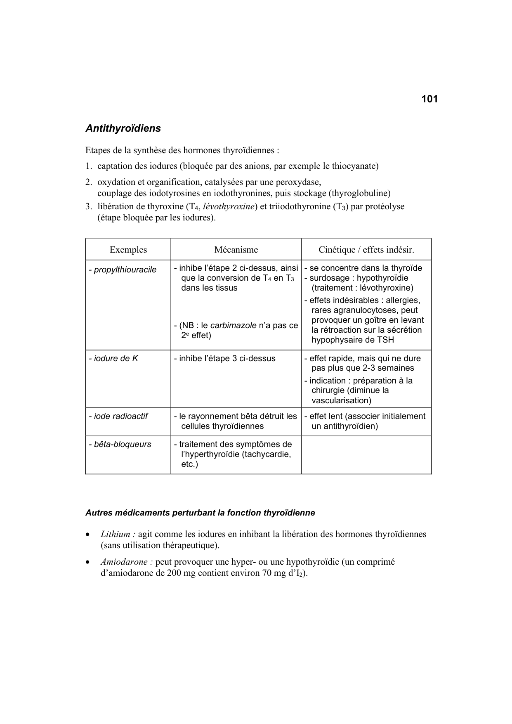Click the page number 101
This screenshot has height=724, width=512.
(x=429, y=99)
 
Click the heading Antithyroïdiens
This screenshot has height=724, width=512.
(x=123, y=128)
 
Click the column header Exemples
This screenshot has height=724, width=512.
(x=128, y=250)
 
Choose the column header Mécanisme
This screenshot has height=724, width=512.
(x=236, y=250)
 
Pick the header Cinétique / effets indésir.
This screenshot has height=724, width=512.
(x=366, y=250)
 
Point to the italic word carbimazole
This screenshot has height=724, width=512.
(x=233, y=325)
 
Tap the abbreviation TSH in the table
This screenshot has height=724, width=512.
(x=385, y=340)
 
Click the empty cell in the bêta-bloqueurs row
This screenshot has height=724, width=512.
(x=366, y=454)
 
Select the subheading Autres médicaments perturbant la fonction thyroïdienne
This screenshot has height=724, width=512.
(x=200, y=513)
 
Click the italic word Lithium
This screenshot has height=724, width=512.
(x=115, y=534)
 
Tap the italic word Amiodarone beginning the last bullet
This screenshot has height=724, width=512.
(x=124, y=562)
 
